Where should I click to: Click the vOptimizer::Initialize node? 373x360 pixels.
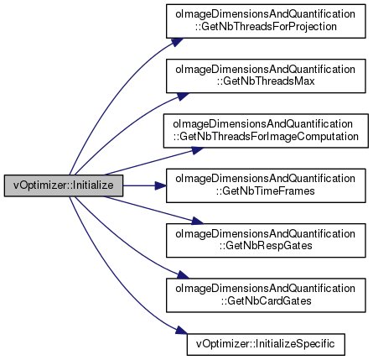64,185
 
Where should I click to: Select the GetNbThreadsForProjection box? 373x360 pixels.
266,21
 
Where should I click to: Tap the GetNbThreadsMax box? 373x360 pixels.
266,76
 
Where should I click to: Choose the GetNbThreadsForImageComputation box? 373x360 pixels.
266,131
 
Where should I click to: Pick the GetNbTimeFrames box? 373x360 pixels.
266,185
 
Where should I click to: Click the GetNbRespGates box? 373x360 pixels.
266,240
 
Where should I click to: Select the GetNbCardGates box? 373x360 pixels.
266,295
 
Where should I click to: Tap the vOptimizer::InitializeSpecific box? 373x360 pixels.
266,344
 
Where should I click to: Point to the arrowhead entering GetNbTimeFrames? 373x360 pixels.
161,185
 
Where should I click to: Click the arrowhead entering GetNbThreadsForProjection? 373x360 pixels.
178,42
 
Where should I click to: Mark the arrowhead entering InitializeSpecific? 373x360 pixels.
182,331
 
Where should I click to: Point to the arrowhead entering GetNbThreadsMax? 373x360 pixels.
183,97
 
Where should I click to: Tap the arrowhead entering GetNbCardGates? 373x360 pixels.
183,274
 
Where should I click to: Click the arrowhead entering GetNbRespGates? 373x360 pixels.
198,221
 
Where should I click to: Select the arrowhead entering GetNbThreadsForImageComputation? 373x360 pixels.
198,150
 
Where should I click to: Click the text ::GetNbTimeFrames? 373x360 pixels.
265,191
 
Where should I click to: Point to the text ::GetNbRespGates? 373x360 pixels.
265,246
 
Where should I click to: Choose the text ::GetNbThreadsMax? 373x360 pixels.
265,81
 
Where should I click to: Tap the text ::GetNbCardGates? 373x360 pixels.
266,300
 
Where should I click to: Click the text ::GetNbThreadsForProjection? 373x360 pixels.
266,27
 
